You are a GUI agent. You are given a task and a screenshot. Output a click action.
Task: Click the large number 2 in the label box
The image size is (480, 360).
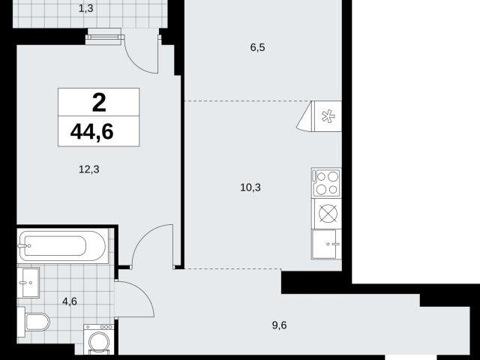pos(99,103)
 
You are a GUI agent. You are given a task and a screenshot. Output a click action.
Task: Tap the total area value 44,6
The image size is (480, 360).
pos(91,132)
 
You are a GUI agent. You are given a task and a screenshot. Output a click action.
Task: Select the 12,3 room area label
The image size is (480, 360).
pos(89,169)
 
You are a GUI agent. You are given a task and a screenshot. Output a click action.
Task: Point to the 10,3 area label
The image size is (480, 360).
pos(250,187)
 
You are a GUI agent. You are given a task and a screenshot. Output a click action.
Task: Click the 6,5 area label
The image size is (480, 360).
pos(257,48)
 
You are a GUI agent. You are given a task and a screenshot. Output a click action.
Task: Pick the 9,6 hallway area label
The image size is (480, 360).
pos(279,325)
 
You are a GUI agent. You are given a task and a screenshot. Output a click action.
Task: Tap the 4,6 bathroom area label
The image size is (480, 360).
pos(70,301)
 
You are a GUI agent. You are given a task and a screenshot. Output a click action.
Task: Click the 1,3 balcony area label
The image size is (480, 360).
pos(85,8)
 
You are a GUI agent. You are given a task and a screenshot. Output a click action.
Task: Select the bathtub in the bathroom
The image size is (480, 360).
pos(63,246)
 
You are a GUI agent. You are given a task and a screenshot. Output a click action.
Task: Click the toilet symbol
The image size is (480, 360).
pos(34,322)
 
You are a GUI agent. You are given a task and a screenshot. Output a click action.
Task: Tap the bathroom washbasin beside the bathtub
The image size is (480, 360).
pos(28,283)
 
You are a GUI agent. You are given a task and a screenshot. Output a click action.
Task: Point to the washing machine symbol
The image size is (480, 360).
pos(99,339)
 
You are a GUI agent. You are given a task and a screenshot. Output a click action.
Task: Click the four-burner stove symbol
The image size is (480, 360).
pos(326,182)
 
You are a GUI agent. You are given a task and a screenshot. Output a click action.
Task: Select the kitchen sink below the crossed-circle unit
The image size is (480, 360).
pos(326,244)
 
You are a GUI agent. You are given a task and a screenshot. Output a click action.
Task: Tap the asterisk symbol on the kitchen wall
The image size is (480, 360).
pos(328,116)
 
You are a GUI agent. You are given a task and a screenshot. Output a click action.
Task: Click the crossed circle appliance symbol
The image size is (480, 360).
pos(328,213)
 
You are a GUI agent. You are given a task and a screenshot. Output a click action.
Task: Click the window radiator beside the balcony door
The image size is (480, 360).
pos(103,37)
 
